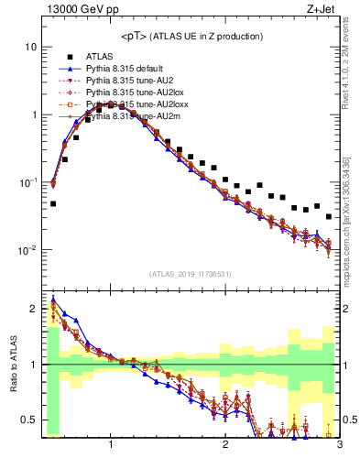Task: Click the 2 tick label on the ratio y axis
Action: point(33,309)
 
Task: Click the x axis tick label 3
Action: point(339,446)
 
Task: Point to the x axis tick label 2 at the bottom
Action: point(225,446)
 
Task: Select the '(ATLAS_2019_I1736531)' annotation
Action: point(191,273)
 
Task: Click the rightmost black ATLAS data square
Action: point(329,217)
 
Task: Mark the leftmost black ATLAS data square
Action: point(53,203)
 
